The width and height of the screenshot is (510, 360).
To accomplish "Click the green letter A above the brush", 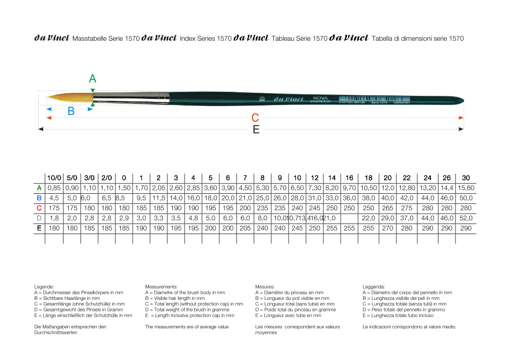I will click(92, 79).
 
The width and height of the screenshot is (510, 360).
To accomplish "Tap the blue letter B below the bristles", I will click(71, 112).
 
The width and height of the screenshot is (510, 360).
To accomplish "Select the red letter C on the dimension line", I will click(256, 118).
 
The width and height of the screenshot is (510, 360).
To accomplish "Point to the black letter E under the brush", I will click(256, 130).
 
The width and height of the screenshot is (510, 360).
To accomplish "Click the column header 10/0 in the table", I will click(54, 178).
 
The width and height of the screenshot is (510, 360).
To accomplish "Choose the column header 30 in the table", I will click(466, 178).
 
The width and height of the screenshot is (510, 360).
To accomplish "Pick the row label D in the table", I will click(39, 218).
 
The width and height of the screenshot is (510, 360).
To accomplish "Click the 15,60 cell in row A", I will click(466, 188).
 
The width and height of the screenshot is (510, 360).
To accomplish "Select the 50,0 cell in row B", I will click(466, 198).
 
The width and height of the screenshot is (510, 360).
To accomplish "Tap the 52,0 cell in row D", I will click(466, 218).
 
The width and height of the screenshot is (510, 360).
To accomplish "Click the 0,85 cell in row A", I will click(54, 188).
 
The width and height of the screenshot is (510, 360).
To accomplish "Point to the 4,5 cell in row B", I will click(54, 198).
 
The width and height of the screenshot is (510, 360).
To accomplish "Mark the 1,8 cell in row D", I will click(54, 218).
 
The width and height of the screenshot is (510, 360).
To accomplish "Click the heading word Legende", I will click(44, 287).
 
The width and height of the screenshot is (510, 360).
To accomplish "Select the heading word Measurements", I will click(161, 287).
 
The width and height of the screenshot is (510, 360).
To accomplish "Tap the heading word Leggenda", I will click(374, 287).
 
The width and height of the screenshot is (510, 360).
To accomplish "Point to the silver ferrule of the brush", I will click(131, 97).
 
